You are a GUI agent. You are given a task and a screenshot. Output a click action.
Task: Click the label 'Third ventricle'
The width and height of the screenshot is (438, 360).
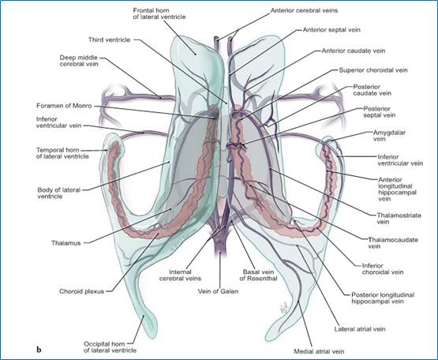click(x=109, y=40)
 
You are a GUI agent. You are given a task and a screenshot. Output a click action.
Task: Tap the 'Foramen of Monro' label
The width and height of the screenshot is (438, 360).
click(x=64, y=106)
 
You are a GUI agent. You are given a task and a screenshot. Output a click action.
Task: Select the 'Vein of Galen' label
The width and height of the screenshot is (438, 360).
click(x=218, y=291)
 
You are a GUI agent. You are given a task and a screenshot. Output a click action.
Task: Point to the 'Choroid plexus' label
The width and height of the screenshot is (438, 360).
click(x=81, y=291)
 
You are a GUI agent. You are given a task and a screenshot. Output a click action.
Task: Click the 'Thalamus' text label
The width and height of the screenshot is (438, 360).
click(x=66, y=243)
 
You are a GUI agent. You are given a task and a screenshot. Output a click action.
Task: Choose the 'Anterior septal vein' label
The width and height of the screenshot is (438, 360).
click(x=331, y=30)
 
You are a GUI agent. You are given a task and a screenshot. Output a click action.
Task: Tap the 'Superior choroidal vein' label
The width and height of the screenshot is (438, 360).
click(x=373, y=70)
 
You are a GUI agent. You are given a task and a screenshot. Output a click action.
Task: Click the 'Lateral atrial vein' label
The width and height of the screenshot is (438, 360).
click(x=360, y=329)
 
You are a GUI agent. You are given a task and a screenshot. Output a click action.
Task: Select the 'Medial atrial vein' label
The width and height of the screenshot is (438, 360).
click(x=319, y=351)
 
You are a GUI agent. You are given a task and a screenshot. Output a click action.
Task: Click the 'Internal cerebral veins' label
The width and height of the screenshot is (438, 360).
click(x=180, y=275)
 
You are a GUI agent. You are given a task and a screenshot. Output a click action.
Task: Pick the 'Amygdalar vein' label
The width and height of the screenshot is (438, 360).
click(x=389, y=136)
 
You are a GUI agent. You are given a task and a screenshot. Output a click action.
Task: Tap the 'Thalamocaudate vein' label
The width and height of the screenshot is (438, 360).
click(x=393, y=243)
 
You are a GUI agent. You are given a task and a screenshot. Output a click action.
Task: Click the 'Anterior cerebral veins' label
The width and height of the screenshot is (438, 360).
click(x=304, y=10)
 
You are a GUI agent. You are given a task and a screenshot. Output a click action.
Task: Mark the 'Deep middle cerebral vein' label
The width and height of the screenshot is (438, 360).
click(x=79, y=61)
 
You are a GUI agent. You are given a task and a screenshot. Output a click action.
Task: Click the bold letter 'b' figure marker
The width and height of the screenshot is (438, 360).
click(x=39, y=350)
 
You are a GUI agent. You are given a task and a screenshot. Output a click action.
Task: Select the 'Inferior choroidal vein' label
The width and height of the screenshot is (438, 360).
click(x=383, y=268)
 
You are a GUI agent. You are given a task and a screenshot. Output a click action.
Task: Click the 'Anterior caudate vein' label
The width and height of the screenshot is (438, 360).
click(x=354, y=51)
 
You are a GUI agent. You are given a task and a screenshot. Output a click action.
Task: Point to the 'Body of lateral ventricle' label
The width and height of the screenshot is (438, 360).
click(x=59, y=193)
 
